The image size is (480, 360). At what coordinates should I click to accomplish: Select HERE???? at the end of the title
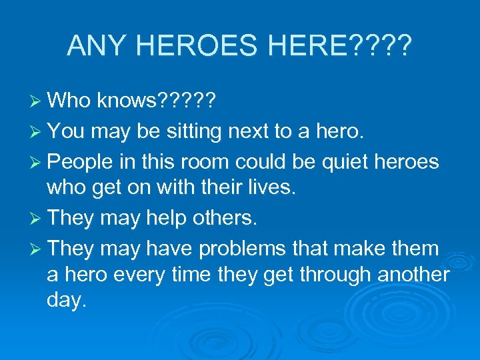pyautogui.click(x=347, y=45)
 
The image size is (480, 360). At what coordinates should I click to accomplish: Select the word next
pyautogui.click(x=253, y=131)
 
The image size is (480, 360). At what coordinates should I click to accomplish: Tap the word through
pyautogui.click(x=319, y=275)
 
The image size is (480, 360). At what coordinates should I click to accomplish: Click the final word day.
pyautogui.click(x=67, y=301)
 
